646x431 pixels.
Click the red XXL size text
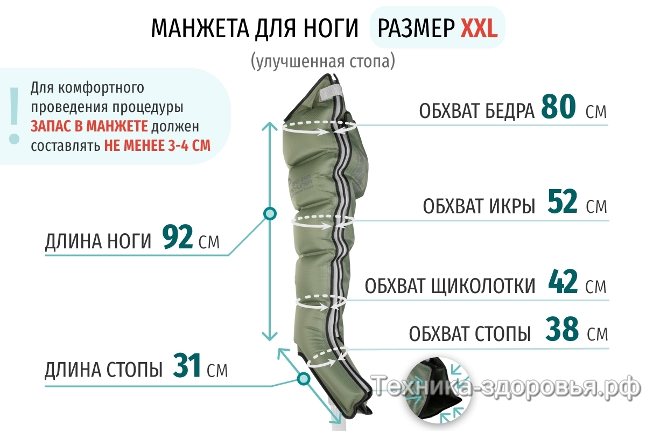[x=479, y=29]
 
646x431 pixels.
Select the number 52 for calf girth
[x=563, y=203]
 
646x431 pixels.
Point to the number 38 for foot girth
[x=562, y=330]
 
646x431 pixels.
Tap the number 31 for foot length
[x=187, y=366]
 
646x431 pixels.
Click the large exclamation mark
[x=13, y=114]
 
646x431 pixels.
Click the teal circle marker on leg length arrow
[x=270, y=213]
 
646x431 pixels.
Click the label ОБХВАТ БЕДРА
[x=476, y=111]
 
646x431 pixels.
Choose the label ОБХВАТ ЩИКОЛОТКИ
[x=450, y=286]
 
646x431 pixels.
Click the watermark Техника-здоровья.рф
[x=506, y=386]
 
